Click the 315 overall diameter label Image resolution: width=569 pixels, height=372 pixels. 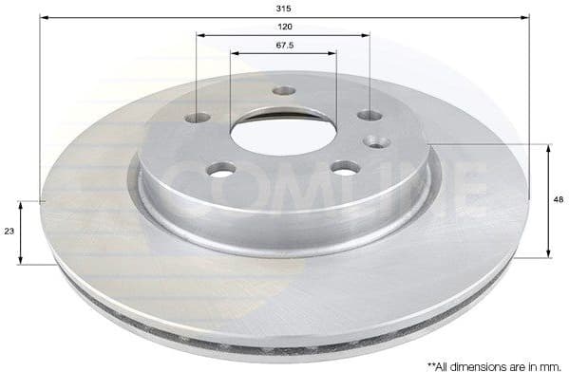coord(284,7)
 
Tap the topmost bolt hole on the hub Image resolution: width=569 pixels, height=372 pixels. coord(284,91)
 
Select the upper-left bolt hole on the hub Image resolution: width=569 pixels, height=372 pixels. coord(198,119)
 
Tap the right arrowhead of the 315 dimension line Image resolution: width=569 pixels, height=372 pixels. coord(523,17)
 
